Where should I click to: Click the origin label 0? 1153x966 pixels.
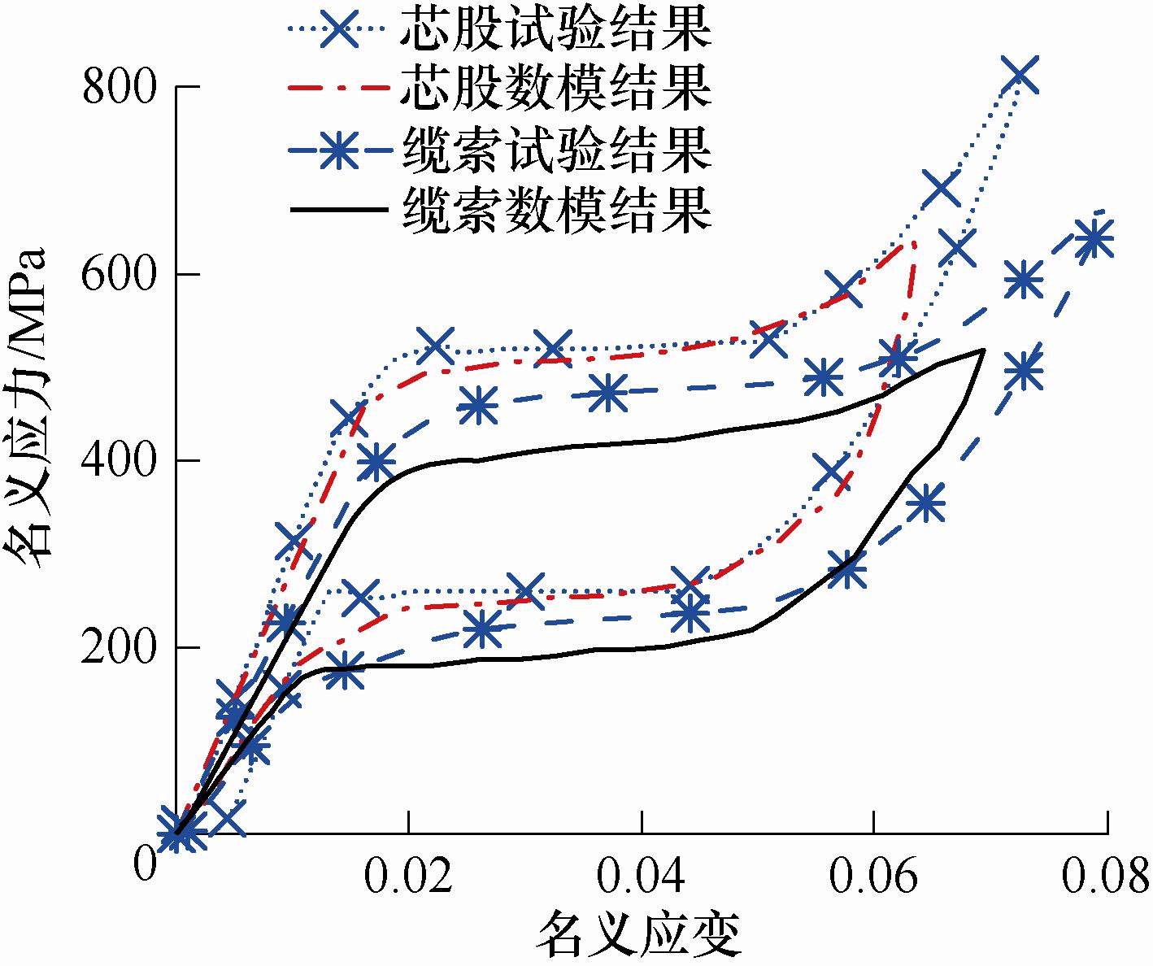tap(145, 864)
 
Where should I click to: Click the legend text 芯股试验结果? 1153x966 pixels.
tap(556, 29)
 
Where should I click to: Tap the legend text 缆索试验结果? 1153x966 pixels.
tap(556, 150)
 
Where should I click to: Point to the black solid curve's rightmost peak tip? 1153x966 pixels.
tap(985, 350)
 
